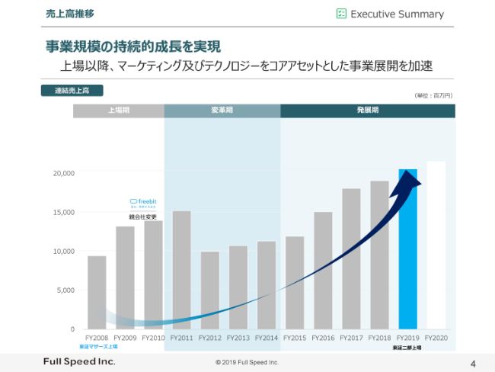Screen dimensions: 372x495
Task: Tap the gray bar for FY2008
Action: coord(97,293)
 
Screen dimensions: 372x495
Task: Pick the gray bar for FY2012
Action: coord(210,290)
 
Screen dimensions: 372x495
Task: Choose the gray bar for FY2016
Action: coord(323,271)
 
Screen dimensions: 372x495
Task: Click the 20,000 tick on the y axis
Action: coord(63,173)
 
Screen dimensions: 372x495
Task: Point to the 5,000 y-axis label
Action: coord(65,290)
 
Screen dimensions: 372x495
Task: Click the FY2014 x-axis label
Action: coord(267,338)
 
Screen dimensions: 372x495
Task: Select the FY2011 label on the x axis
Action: coord(182,338)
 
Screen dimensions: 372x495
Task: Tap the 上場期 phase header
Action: coord(118,111)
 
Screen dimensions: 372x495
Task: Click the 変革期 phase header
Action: coord(222,111)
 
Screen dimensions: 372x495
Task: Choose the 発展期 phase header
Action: coord(368,111)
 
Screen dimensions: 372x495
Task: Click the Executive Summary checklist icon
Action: coord(342,14)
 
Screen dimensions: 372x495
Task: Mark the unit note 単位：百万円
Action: coord(433,95)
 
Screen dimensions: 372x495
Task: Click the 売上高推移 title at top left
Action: coord(70,14)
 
